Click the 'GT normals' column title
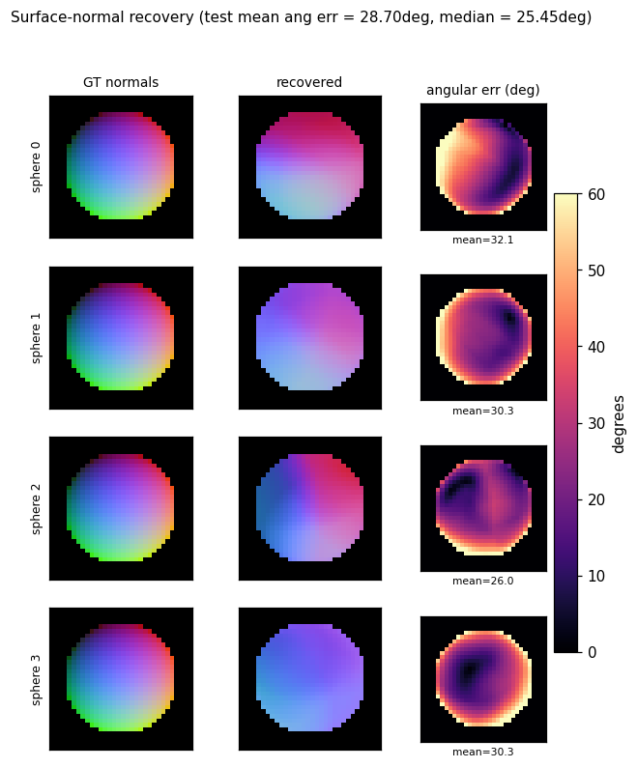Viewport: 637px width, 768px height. tap(121, 82)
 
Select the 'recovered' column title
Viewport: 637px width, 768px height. tap(309, 82)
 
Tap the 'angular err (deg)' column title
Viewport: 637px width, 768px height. tap(483, 90)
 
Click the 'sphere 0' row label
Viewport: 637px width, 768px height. tap(36, 167)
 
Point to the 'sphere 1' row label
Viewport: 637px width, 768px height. tap(36, 338)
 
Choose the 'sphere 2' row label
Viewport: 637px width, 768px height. tap(36, 508)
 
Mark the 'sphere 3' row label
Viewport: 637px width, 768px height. tap(36, 679)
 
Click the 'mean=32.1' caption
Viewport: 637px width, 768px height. tap(482, 240)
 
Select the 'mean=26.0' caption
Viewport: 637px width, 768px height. tap(482, 581)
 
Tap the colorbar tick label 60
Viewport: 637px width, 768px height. tap(596, 194)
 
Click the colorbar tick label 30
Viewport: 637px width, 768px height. tap(596, 423)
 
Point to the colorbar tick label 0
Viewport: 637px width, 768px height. tap(592, 652)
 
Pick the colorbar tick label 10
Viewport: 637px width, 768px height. tap(596, 576)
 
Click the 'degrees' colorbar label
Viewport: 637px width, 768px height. tap(619, 424)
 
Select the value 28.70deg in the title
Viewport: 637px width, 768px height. tap(396, 17)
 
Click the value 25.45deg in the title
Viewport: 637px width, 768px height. tap(552, 17)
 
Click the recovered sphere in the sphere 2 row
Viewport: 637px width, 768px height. tap(309, 508)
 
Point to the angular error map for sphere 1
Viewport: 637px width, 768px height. tap(483, 337)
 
